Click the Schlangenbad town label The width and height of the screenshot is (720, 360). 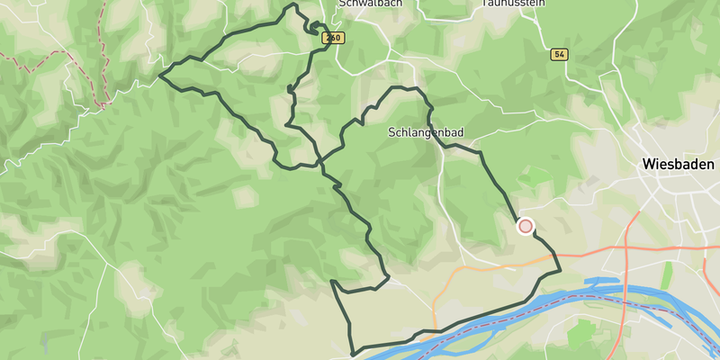tap(426, 132)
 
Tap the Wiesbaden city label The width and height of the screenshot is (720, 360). tap(678, 165)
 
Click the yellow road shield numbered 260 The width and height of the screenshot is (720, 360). tap(333, 38)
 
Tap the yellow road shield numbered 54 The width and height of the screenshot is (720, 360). tap(560, 55)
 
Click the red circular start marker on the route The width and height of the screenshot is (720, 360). tap(526, 226)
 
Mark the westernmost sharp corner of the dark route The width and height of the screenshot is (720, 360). tap(160, 76)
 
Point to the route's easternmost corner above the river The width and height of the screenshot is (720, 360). tap(560, 269)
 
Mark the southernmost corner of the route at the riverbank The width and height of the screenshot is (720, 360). tap(352, 352)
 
